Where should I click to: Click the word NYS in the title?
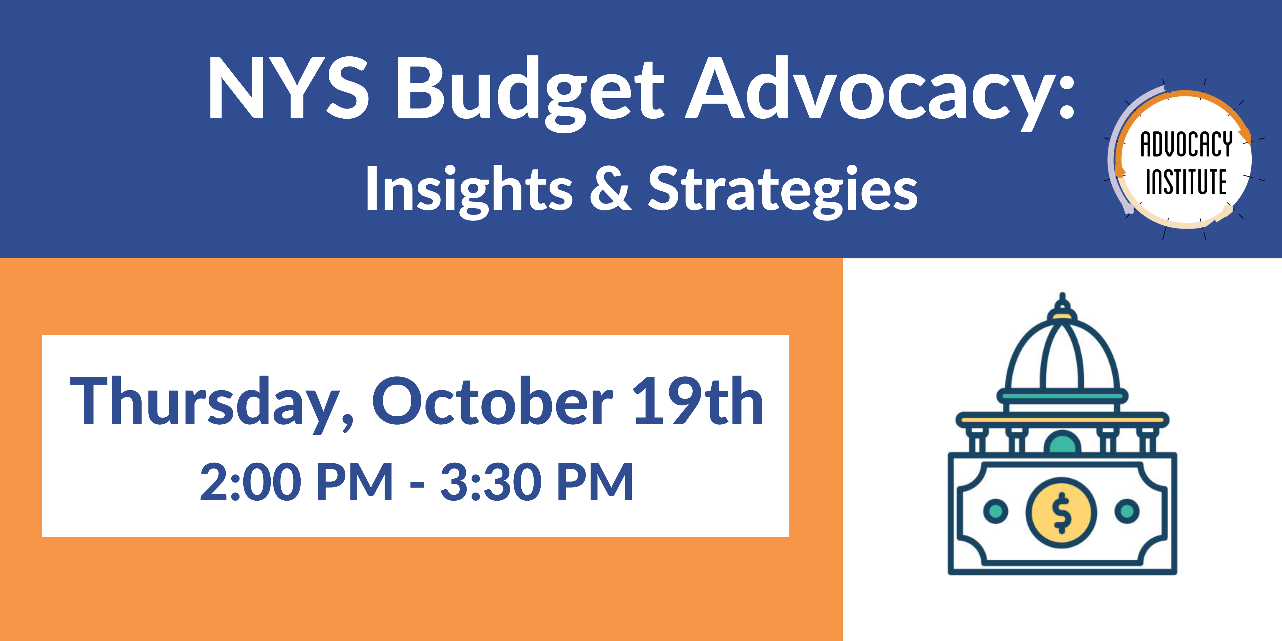click(x=289, y=88)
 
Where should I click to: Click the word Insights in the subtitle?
click(x=469, y=190)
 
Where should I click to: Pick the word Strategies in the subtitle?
click(x=783, y=190)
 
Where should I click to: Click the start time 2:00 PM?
click(x=297, y=482)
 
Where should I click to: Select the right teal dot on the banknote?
click(x=1128, y=511)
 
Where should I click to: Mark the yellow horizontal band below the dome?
click(x=1062, y=420)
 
